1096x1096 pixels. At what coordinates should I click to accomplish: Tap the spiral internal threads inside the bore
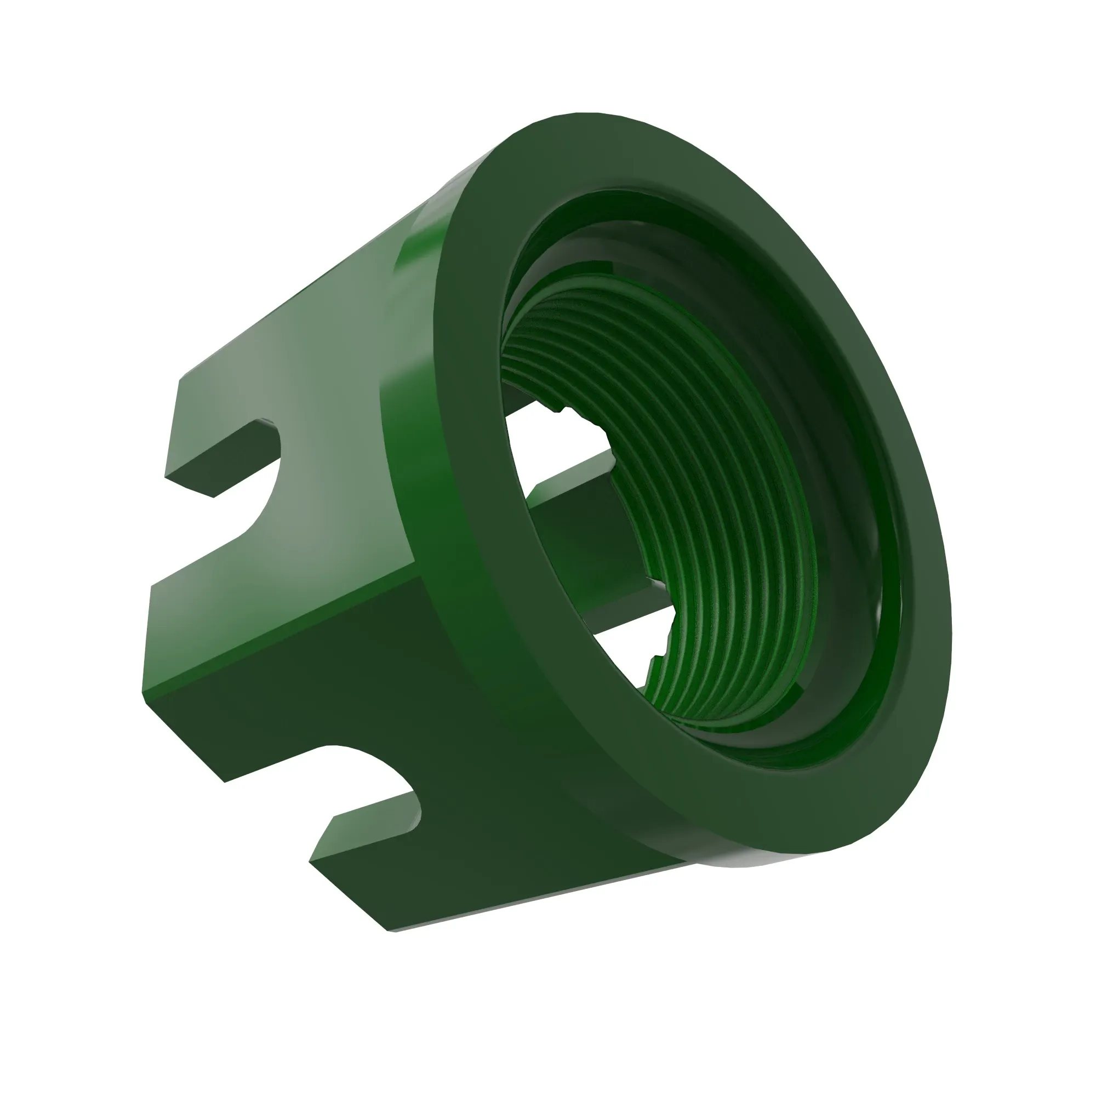coord(709,511)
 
